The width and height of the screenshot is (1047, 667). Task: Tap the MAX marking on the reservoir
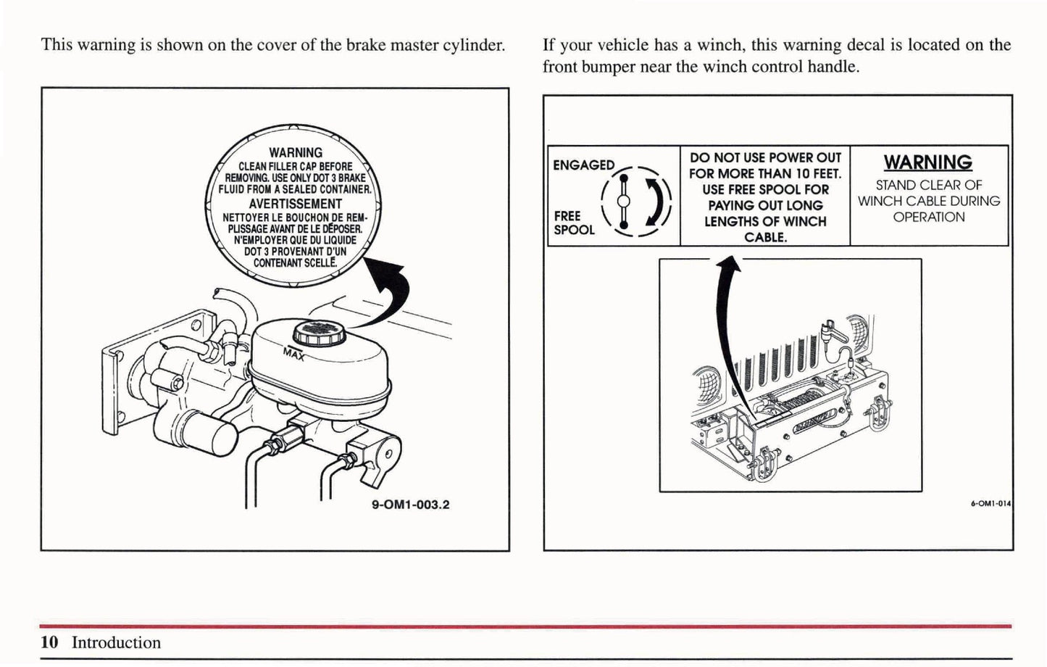294,355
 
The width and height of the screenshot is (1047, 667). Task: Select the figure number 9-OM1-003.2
410,505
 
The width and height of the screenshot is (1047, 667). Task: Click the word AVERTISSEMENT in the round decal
295,204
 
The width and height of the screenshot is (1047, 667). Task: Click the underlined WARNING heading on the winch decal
927,162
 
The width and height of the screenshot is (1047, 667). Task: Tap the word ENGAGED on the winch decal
583,165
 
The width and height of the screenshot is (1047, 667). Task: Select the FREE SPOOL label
574,223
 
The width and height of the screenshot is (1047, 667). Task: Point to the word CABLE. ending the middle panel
765,237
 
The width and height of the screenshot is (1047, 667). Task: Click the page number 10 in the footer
49,642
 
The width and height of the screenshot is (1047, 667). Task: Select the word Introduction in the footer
116,642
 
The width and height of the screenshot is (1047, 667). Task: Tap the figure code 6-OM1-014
990,502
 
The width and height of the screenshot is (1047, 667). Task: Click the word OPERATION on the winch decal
928,217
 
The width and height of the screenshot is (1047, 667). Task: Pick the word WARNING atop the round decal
295,153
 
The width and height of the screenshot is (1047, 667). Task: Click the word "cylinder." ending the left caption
472,45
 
